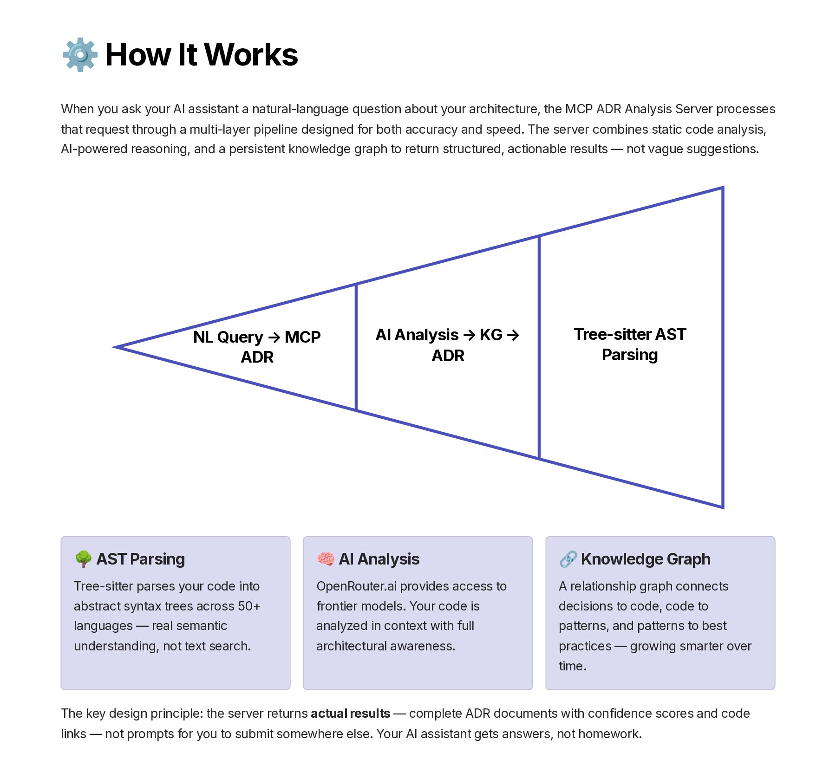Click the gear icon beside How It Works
coord(80,55)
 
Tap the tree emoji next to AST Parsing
coord(83,559)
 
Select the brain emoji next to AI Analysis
coord(326,559)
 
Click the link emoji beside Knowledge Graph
coord(568,559)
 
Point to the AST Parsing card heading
coord(140,559)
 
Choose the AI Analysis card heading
coord(379,559)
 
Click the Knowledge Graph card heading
coord(646,559)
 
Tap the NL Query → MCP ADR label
coord(257,347)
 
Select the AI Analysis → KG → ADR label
coord(447,345)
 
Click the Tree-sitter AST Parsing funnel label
coord(630,344)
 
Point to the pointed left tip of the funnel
coord(115,347)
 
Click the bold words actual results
coord(350,713)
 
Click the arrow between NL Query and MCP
coord(274,338)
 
